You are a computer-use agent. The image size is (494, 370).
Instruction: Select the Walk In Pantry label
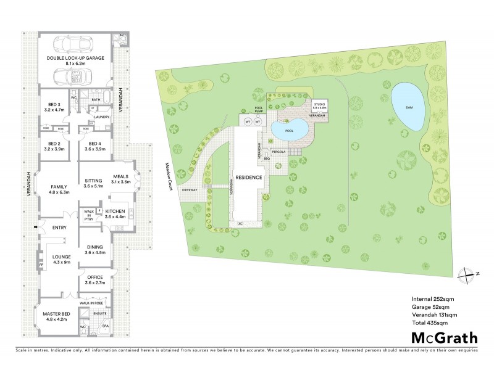[x=88, y=215]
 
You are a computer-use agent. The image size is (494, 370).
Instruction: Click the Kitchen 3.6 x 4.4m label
[x=114, y=213]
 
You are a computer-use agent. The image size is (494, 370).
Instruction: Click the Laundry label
[x=101, y=116]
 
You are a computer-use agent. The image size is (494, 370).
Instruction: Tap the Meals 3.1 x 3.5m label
[x=120, y=178]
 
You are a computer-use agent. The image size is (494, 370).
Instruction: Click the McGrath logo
[x=444, y=337]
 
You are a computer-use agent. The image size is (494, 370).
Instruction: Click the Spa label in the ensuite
[x=105, y=326]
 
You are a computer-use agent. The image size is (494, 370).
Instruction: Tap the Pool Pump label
[x=259, y=110]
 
